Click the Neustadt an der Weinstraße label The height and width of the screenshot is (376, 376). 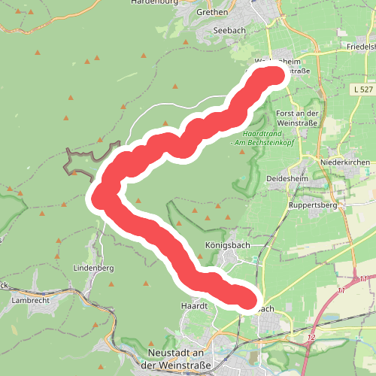177,359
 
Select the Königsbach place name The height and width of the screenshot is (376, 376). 227,245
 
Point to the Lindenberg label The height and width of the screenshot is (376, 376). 93,268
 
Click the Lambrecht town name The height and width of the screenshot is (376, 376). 30,299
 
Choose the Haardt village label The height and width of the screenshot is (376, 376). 193,306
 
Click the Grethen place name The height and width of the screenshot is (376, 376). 212,13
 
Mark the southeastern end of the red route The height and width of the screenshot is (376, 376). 247,299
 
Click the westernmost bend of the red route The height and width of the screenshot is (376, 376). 100,197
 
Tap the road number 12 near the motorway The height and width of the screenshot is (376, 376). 311,338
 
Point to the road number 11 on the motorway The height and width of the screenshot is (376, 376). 342,290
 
